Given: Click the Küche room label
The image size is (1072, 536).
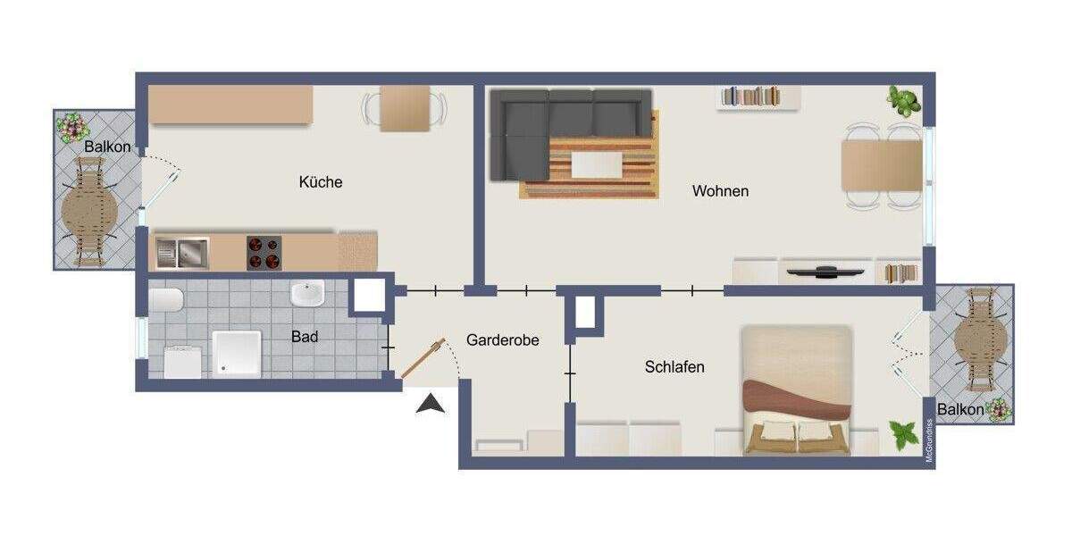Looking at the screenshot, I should pyautogui.click(x=321, y=182).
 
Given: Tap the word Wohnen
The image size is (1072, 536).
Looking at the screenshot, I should pyautogui.click(x=720, y=191).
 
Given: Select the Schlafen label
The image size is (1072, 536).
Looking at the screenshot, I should pyautogui.click(x=674, y=366).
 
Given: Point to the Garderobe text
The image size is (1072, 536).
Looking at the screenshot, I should pyautogui.click(x=503, y=340).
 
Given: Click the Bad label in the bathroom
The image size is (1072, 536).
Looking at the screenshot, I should pyautogui.click(x=305, y=338).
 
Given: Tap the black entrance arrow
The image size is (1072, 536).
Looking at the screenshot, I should pyautogui.click(x=431, y=404).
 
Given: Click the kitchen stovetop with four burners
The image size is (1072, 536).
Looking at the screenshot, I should pyautogui.click(x=264, y=253).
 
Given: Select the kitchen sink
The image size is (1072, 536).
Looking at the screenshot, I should pyautogui.click(x=182, y=253).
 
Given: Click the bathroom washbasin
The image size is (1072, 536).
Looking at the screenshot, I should pyautogui.click(x=306, y=294).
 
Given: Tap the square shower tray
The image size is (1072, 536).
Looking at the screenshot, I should pyautogui.click(x=237, y=353).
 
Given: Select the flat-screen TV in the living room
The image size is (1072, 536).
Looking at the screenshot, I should pyautogui.click(x=824, y=271).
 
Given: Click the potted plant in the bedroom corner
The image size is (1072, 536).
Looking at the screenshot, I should pyautogui.click(x=904, y=436).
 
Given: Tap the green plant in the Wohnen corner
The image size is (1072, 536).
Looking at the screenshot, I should pyautogui.click(x=904, y=99).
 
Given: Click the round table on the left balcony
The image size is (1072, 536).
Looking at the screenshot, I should pyautogui.click(x=89, y=212).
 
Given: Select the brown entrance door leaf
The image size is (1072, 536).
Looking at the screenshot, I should pyautogui.click(x=422, y=359).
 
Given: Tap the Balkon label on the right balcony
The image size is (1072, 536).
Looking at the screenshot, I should pyautogui.click(x=960, y=410).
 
